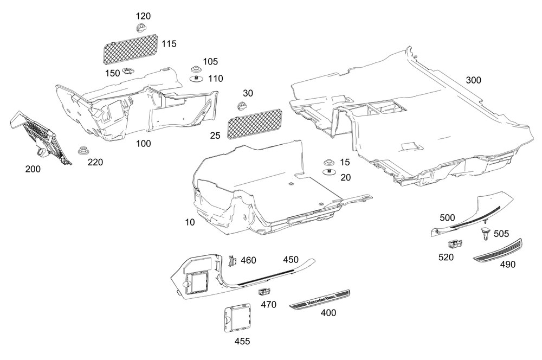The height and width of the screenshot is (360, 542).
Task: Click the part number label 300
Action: (x=473, y=80)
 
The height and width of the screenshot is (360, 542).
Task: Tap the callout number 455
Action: (x=242, y=341)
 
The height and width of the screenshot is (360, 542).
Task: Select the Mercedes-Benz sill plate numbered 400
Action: (x=319, y=299)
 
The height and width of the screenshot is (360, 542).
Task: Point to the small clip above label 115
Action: (x=143, y=27)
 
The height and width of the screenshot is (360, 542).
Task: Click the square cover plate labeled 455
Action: (x=237, y=317)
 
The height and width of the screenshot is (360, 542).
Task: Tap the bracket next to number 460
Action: (x=234, y=260)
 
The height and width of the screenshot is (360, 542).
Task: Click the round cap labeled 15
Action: (x=328, y=163)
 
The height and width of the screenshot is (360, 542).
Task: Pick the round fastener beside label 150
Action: (x=128, y=71)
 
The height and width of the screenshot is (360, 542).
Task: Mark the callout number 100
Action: (x=144, y=144)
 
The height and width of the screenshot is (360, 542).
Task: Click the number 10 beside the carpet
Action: (x=189, y=223)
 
